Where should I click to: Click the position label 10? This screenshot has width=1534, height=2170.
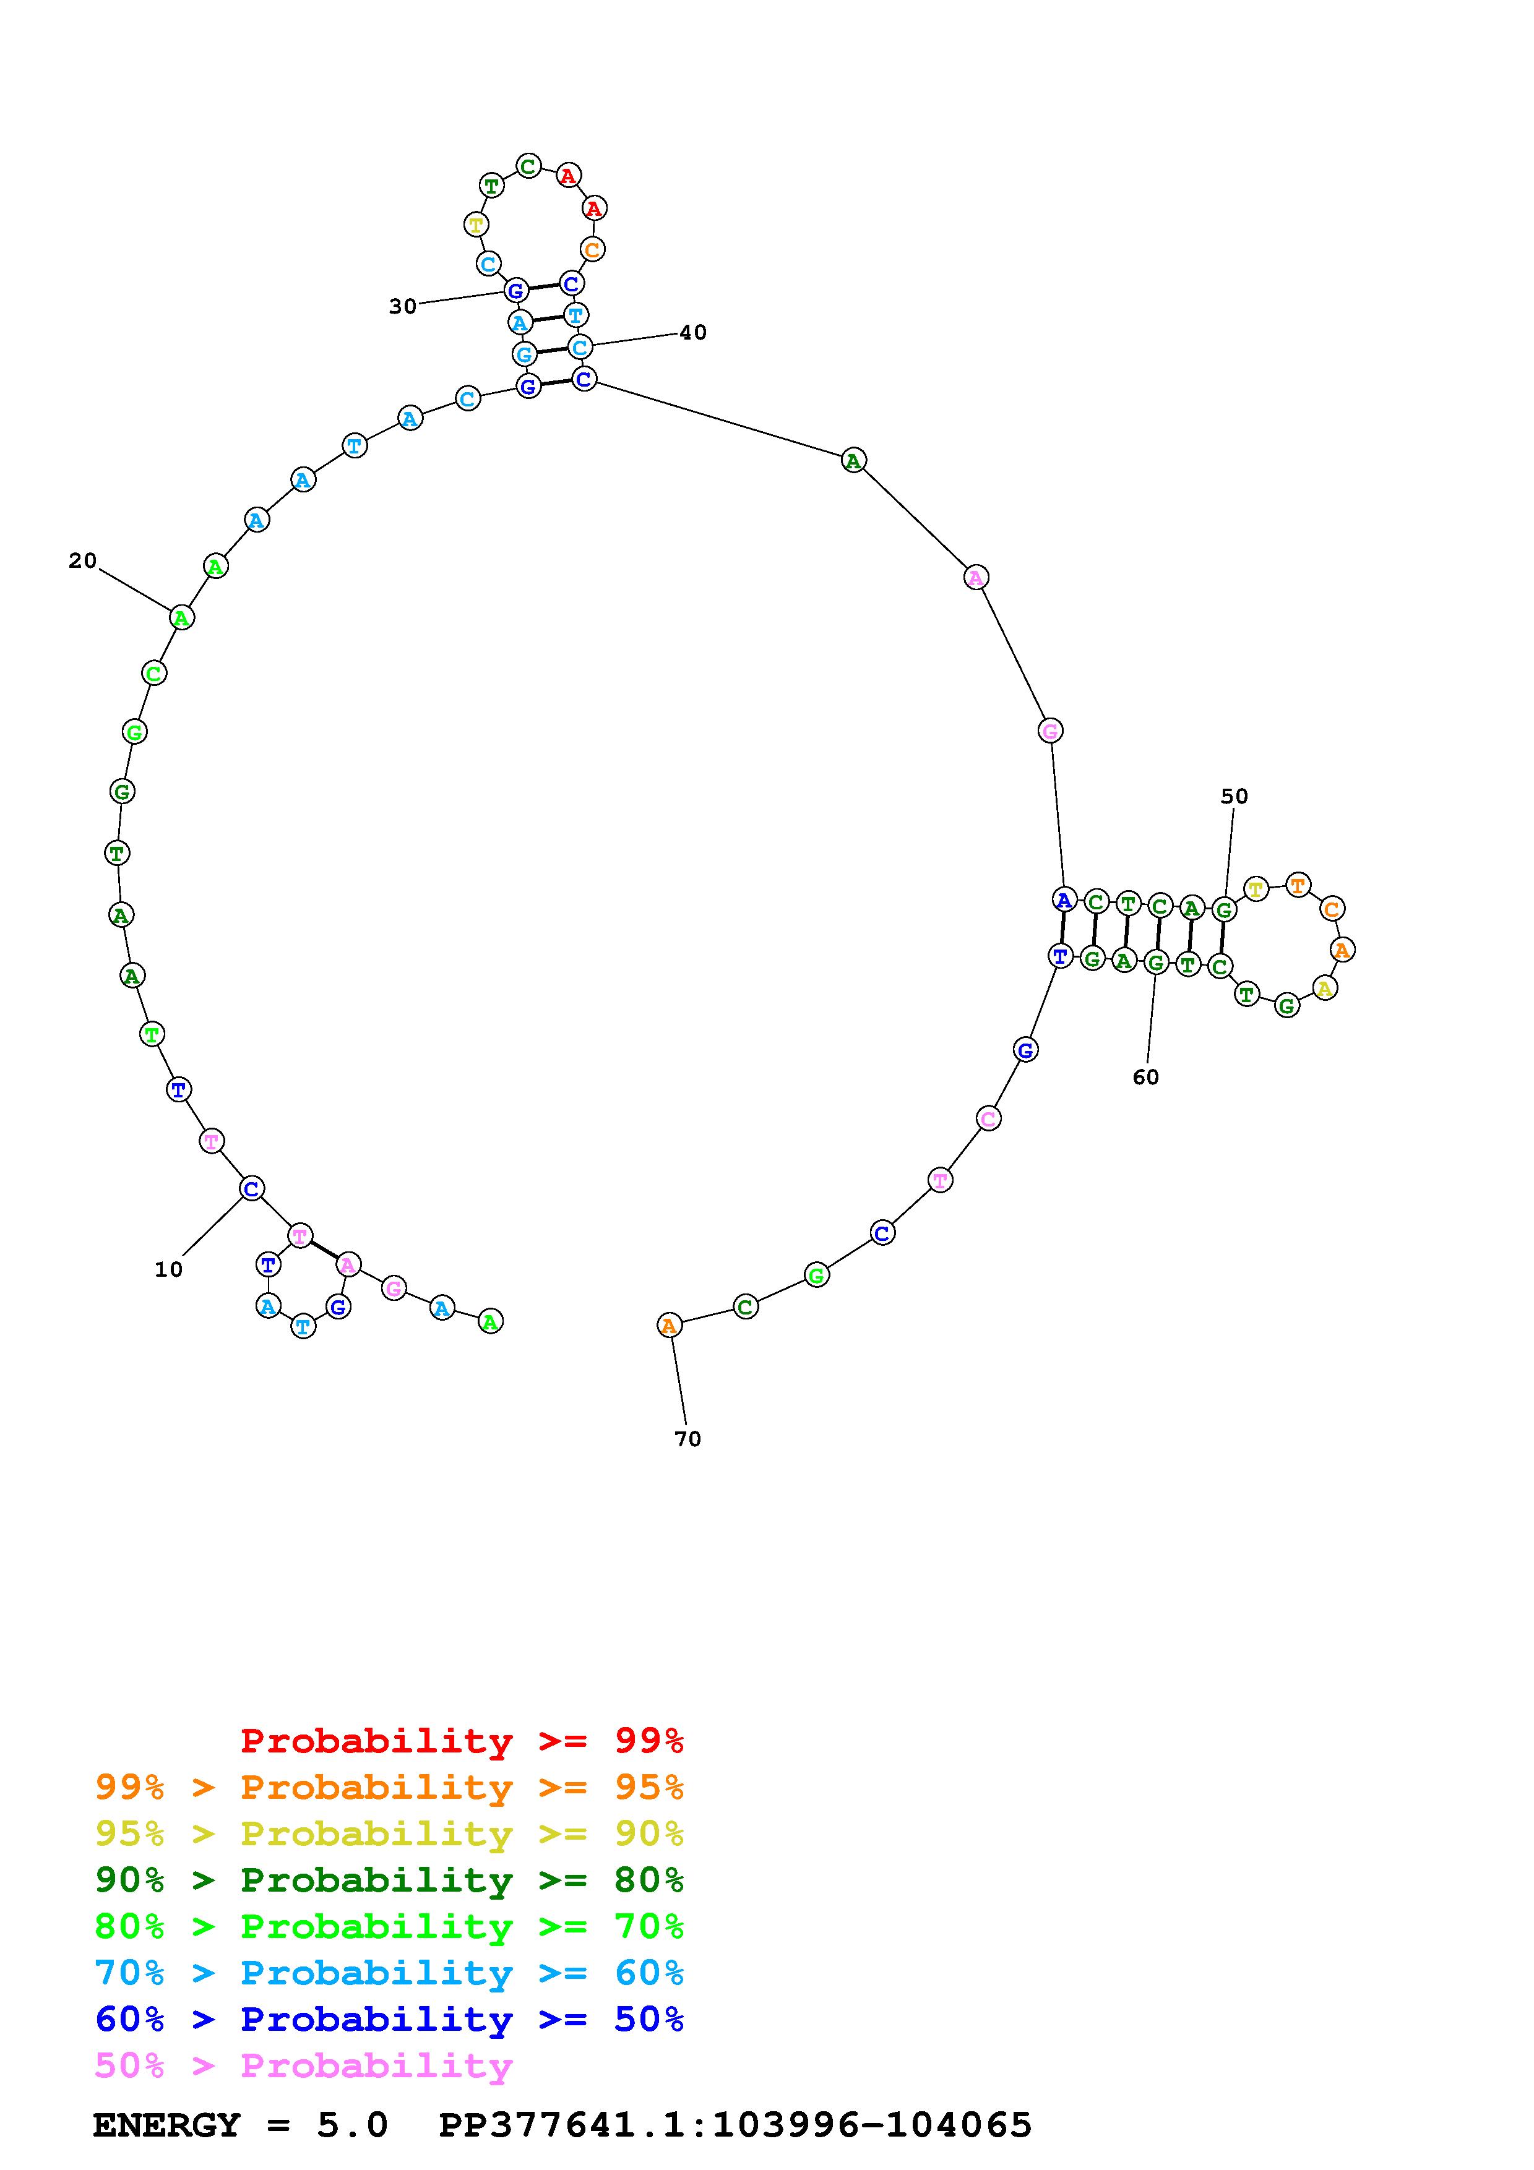point(168,1269)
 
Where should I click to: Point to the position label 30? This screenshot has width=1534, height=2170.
point(403,306)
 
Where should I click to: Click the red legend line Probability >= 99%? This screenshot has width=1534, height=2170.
point(462,1741)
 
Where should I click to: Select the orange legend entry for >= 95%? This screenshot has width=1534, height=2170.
point(389,1787)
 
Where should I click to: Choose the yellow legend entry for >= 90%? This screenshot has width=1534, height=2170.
point(389,1833)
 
